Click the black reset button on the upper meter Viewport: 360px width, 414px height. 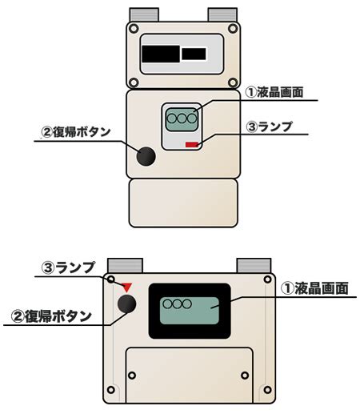(146, 156)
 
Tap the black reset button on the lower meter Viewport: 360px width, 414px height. (127, 303)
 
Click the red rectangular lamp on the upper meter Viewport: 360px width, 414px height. (192, 145)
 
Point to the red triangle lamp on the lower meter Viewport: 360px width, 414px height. (127, 287)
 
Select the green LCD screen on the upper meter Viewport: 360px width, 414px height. (182, 119)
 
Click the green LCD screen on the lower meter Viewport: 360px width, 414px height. (190, 311)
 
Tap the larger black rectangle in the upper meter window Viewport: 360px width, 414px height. (161, 54)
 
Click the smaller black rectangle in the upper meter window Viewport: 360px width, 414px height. (194, 54)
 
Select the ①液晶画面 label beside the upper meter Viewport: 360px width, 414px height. (274, 92)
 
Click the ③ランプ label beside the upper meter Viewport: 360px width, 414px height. (269, 127)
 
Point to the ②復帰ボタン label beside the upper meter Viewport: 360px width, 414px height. (76, 132)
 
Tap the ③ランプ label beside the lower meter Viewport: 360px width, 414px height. (68, 267)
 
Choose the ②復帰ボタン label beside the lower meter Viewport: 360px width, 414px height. (51, 317)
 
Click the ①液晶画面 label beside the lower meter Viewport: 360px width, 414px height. (315, 288)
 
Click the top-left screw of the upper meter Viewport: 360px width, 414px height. (134, 28)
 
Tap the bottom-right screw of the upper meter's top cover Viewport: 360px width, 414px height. (233, 82)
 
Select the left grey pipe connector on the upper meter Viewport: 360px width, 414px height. (144, 15)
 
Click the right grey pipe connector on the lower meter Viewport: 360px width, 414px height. (254, 266)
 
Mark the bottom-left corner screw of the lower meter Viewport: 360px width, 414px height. (111, 390)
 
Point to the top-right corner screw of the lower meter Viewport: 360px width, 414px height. (267, 279)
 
